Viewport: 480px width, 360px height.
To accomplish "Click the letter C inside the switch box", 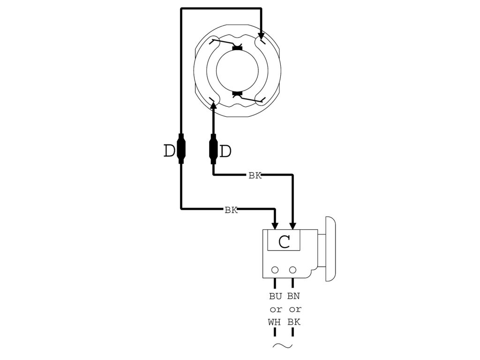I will click(284, 242).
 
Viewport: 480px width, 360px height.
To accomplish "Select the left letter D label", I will click(169, 151).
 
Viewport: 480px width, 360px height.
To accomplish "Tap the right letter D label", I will click(226, 151).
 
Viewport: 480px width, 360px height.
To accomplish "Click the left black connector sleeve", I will click(181, 148).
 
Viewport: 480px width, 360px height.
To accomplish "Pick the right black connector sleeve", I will click(214, 149).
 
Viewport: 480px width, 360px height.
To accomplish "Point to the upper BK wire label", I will click(255, 176).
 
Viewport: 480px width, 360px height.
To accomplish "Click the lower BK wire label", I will click(231, 210).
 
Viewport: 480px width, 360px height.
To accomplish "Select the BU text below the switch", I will click(276, 296).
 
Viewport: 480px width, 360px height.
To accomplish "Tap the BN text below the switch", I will click(293, 296).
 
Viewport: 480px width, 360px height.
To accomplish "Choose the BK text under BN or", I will click(293, 322).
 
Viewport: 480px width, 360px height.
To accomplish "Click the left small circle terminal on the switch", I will click(275, 270).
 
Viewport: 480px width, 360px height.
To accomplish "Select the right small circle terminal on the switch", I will click(293, 270).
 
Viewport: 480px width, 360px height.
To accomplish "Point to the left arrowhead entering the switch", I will click(275, 225).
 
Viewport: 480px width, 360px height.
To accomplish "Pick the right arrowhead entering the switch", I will click(293, 225).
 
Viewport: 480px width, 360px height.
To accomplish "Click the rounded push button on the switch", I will click(329, 248).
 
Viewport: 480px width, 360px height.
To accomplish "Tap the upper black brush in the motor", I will click(238, 48).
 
